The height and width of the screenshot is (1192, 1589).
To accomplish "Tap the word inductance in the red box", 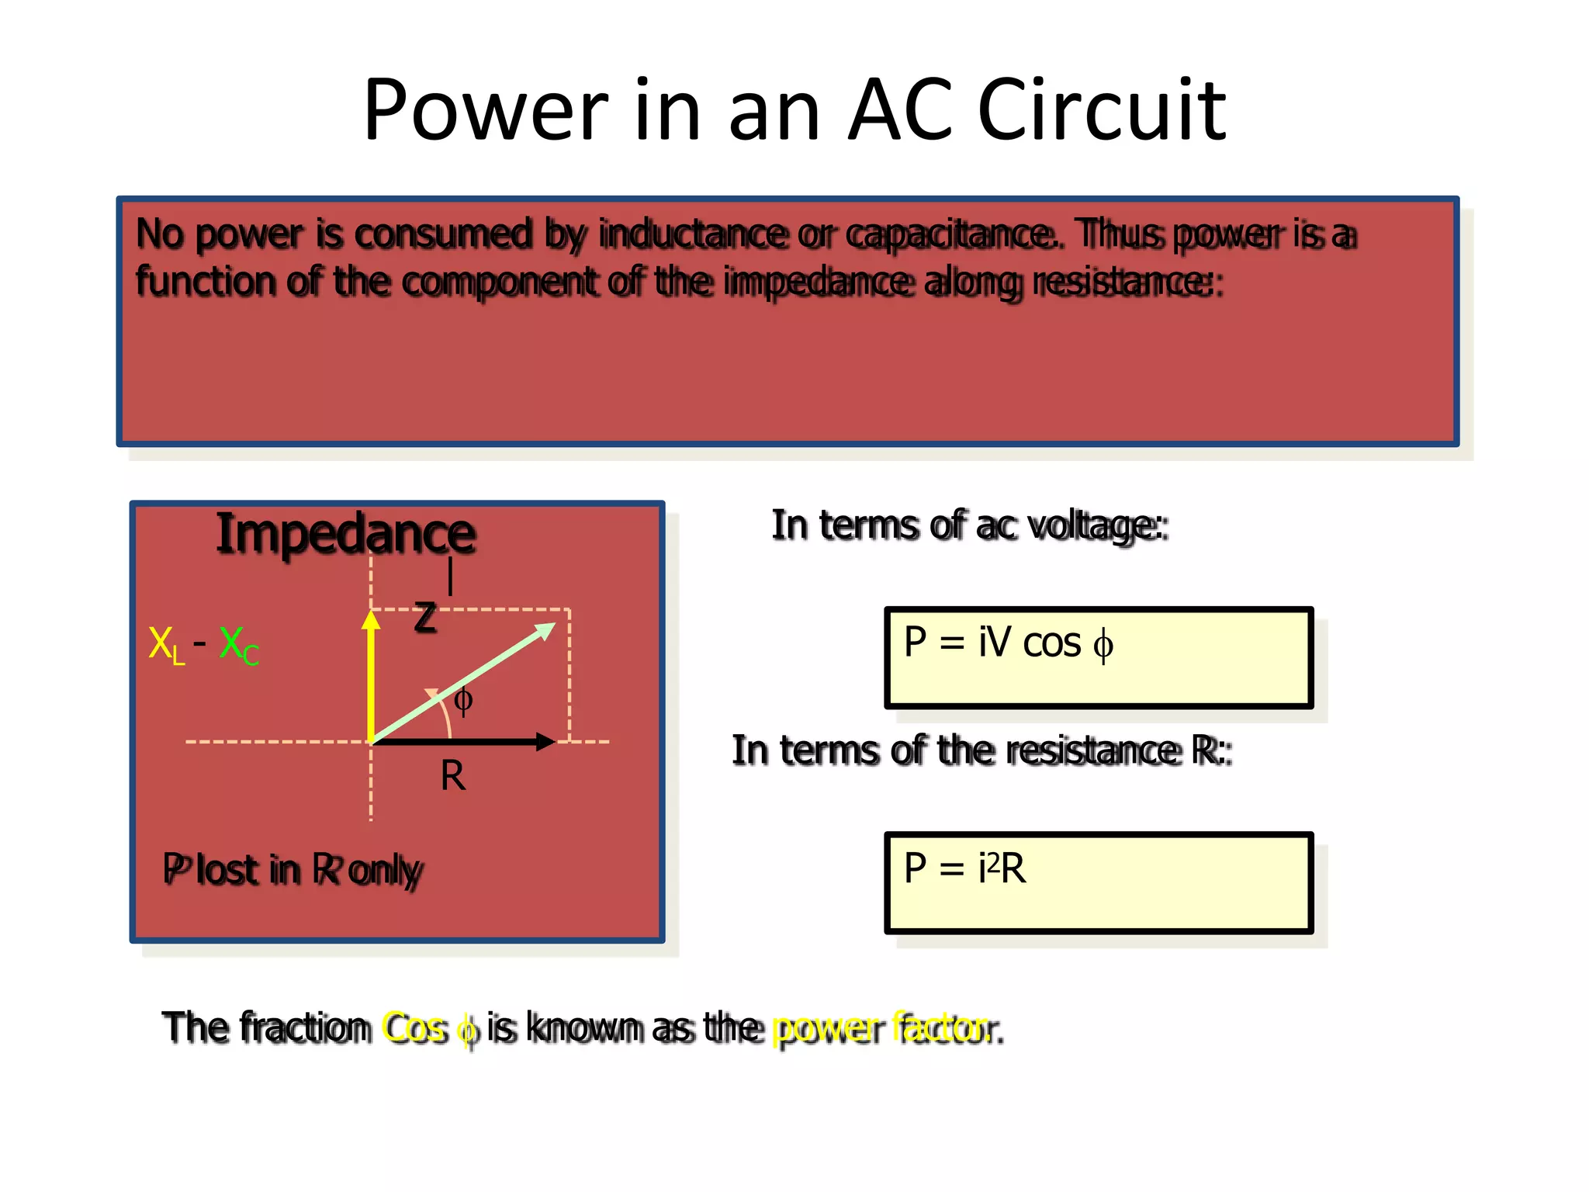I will point(692,234).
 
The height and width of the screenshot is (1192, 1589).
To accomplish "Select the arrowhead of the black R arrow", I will point(546,742).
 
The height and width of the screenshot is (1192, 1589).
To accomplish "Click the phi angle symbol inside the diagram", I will point(462,701).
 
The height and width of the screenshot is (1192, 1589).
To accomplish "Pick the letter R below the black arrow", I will point(453,775).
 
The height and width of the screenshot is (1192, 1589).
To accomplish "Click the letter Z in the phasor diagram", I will point(425,619).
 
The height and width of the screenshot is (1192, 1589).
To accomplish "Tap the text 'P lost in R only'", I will point(292,869).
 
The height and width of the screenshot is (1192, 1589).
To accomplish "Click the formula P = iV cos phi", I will point(1009,643).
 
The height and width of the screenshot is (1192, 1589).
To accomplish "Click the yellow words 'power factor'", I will point(881,1027).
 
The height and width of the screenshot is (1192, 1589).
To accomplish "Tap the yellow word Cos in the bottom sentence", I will point(414,1027).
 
